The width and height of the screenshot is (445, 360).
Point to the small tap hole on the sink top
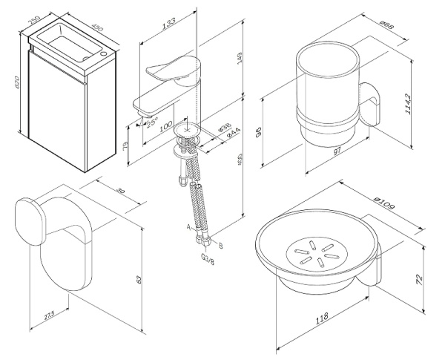(102, 54)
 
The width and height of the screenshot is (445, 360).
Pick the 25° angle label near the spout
(152, 122)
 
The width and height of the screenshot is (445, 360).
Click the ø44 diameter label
(231, 134)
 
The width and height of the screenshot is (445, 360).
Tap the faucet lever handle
(169, 70)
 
